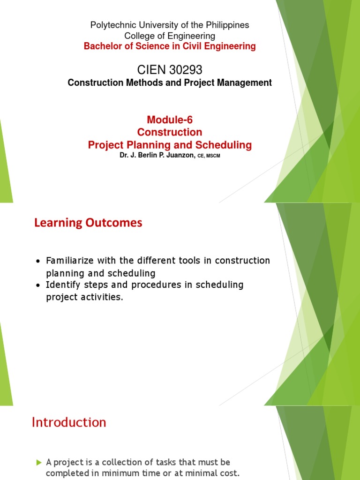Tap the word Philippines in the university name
coord(227,25)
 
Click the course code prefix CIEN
coord(150,70)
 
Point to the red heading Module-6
coord(170,120)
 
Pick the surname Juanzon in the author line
coord(178,156)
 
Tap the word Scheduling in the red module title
coord(223,145)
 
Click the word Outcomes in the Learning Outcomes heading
coord(115,223)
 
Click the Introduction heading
coord(69,422)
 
